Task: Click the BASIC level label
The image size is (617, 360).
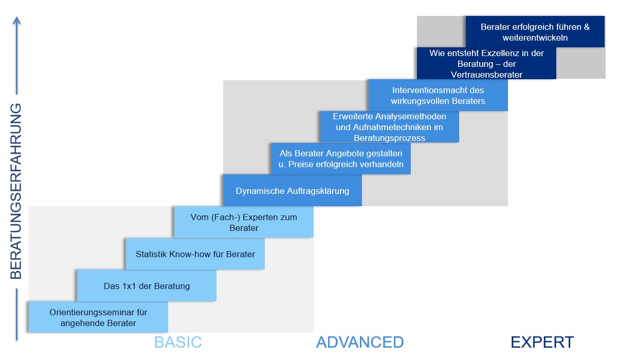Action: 178,342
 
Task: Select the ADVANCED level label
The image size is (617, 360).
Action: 360,342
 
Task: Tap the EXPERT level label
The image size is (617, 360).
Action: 542,342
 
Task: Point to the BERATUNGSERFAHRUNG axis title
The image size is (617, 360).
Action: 16,191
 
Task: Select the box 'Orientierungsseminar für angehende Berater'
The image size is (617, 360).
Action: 98,317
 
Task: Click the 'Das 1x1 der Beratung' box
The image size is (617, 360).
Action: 147,285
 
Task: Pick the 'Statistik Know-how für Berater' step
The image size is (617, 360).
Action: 195,254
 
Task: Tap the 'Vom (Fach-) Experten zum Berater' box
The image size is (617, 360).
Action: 244,222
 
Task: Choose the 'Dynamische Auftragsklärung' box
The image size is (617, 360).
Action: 292,190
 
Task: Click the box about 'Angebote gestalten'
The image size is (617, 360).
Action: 341,158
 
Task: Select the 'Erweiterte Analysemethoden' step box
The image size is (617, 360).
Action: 390,127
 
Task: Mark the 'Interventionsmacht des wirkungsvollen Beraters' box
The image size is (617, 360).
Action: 438,95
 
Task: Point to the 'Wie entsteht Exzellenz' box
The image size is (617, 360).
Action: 486,63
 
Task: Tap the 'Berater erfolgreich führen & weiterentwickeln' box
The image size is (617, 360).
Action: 535,32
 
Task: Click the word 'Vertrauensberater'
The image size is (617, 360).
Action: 486,75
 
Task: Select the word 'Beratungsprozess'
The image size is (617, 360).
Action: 390,138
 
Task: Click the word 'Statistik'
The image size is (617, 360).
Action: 151,254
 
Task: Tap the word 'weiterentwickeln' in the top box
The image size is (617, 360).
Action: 535,38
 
